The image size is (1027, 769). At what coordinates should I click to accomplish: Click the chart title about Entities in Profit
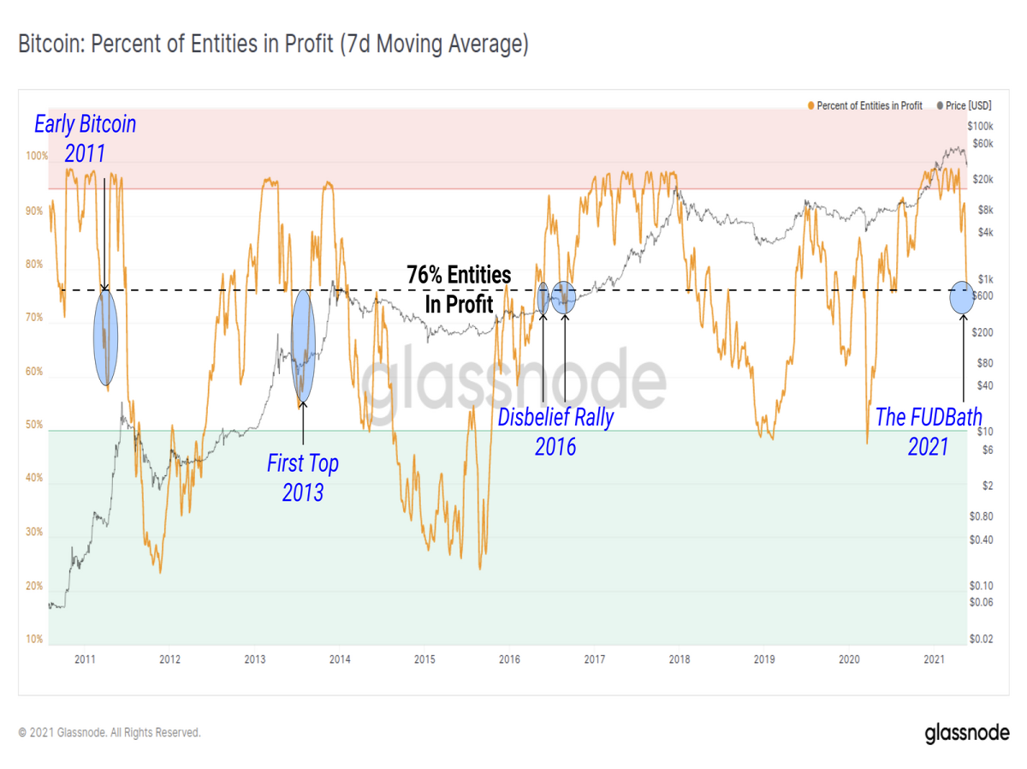coord(273,45)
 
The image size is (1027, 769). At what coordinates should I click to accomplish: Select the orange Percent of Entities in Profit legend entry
coord(865,106)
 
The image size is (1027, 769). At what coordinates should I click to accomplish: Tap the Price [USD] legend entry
coord(965,106)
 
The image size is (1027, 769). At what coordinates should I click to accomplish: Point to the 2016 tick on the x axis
coord(509,659)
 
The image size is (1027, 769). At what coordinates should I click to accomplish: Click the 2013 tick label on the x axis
coord(255,659)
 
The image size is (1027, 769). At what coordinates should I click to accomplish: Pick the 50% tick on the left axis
coord(34,425)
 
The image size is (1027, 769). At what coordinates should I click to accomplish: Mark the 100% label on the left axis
coord(37,156)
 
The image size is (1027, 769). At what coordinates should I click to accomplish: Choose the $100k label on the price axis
coord(980,127)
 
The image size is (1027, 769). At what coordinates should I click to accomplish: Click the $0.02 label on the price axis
coord(981,639)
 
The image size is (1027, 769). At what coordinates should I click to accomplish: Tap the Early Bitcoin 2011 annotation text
coord(85,139)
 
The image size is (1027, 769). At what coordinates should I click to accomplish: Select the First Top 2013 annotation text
coord(303,477)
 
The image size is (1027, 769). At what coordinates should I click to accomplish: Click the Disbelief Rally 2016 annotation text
coord(555,432)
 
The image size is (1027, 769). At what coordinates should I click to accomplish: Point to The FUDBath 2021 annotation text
coord(929,432)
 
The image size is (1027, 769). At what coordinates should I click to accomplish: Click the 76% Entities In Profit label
coord(459,289)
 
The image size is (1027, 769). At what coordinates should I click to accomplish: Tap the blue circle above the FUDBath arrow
coord(962,298)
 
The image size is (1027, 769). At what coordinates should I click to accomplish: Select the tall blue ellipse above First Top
coord(303,345)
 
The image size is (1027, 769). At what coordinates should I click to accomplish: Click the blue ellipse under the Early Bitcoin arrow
coord(106,338)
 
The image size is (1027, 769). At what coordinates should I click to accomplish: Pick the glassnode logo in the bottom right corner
coord(967,733)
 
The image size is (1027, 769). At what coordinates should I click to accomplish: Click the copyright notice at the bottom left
coord(110,732)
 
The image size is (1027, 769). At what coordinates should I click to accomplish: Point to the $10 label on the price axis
coord(984,432)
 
